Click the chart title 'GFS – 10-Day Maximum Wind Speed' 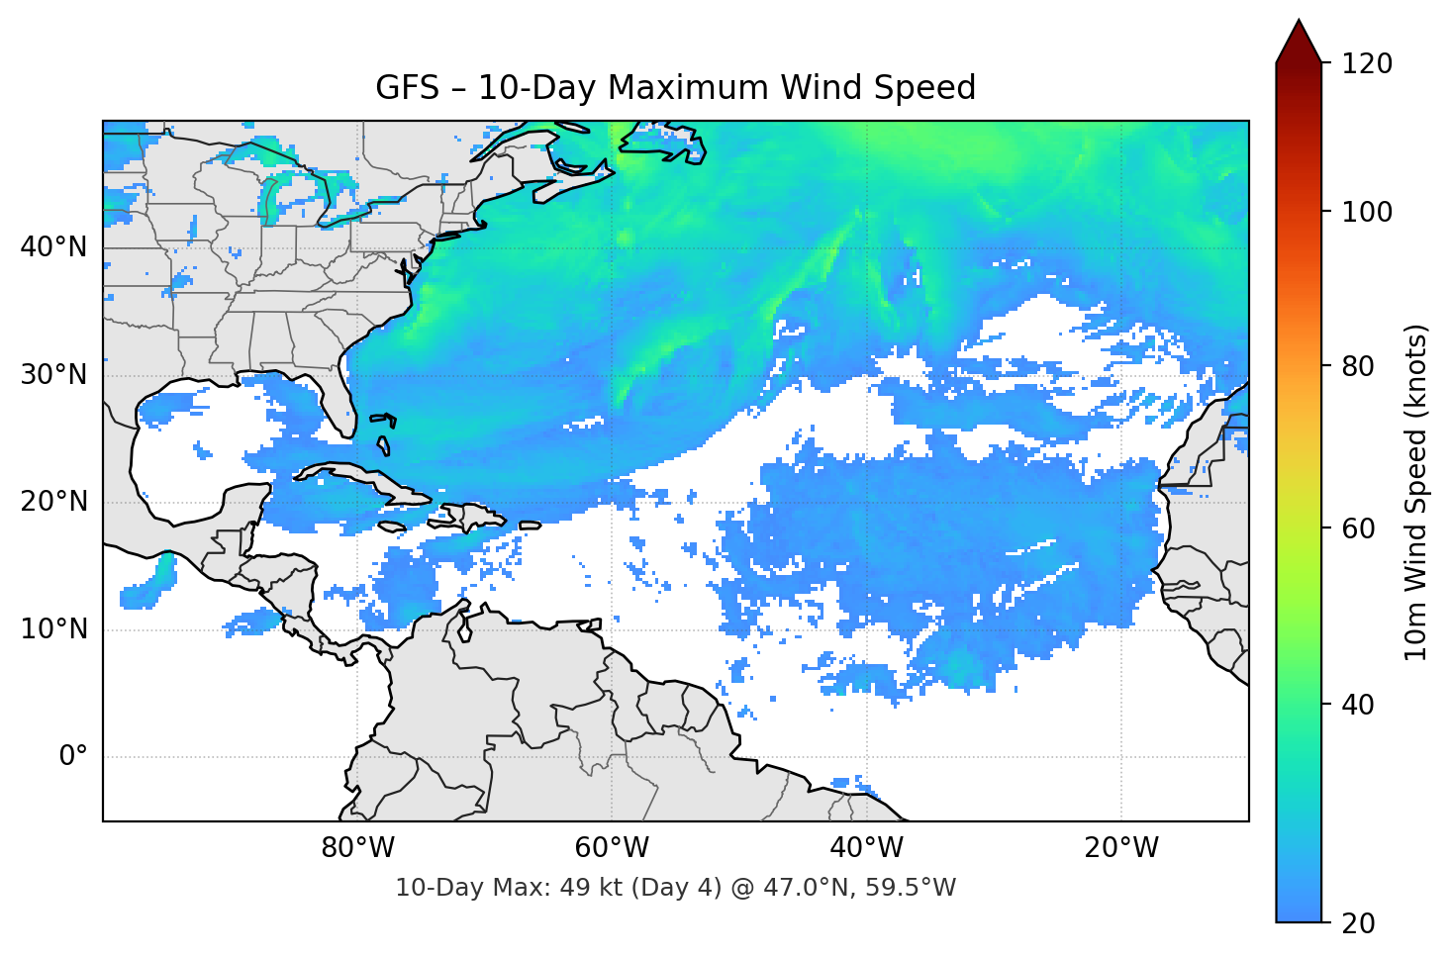tap(675, 88)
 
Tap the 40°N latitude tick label tap(53, 247)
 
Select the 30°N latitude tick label tap(53, 375)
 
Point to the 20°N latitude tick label tap(53, 502)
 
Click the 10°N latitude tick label tap(53, 629)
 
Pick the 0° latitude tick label tap(73, 757)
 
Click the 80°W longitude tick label tap(357, 848)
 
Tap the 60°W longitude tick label tap(612, 848)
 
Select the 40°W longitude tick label tap(866, 848)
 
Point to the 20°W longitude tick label tap(1120, 848)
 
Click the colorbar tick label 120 tap(1366, 64)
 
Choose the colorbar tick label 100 tap(1366, 212)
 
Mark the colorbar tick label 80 tap(1358, 366)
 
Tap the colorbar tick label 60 tap(1358, 528)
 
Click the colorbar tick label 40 tap(1358, 705)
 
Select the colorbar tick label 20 tap(1358, 923)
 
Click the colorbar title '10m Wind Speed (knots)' tap(1416, 493)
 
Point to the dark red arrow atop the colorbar tap(1299, 43)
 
